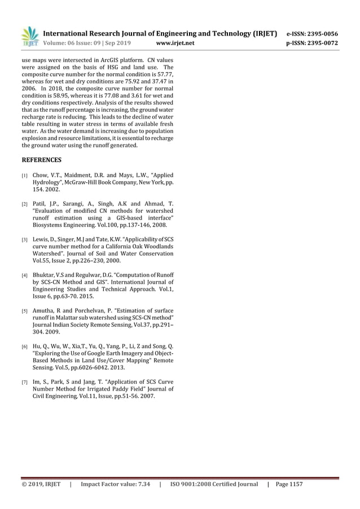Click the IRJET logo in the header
tap(29, 36)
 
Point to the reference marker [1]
tap(24, 176)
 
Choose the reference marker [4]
tap(24, 276)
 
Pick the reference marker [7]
tap(24, 383)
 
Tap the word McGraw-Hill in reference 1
tap(76, 183)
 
